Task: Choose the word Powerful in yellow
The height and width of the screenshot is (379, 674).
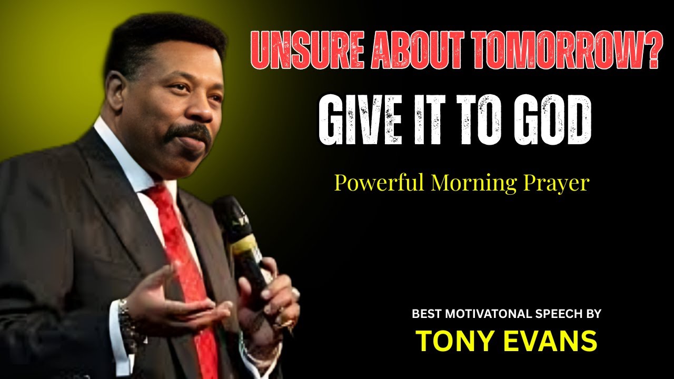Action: tap(379, 184)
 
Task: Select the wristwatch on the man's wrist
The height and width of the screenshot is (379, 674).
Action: tap(125, 318)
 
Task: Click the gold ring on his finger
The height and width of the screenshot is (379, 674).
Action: tap(287, 321)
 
